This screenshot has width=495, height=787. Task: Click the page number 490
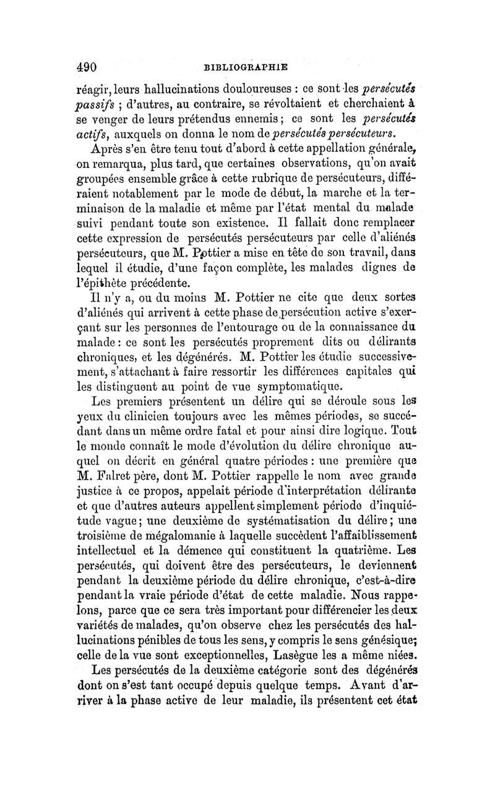coord(88,63)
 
